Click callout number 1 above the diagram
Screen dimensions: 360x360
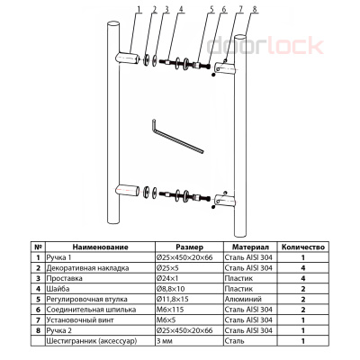[x=139, y=9]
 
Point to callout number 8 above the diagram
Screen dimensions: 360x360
[x=255, y=9]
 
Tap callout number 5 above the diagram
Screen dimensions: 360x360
[x=211, y=9]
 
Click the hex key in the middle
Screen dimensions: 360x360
[x=177, y=137]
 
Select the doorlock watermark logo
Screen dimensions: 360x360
[x=265, y=46]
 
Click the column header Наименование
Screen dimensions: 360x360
[x=100, y=247]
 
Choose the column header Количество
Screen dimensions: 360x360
[x=303, y=247]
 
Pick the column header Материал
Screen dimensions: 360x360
[x=250, y=247]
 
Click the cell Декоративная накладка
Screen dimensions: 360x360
[x=87, y=268]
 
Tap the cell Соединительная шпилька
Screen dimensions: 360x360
[x=91, y=310]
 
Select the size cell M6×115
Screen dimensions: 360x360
[x=170, y=310]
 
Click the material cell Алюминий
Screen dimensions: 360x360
[x=243, y=299]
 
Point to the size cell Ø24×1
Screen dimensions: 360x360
[x=167, y=278]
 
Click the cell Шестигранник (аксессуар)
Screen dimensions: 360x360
[x=92, y=341]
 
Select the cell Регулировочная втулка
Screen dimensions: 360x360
[x=87, y=299]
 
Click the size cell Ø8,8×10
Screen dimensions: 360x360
[x=171, y=289]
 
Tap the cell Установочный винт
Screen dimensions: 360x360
[x=80, y=320]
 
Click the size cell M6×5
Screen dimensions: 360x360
[x=166, y=320]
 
